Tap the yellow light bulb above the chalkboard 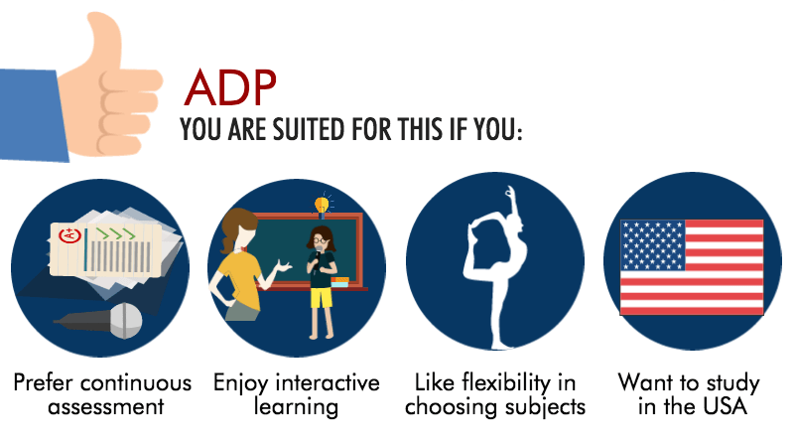pos(322,205)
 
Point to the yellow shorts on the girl pos(320,294)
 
